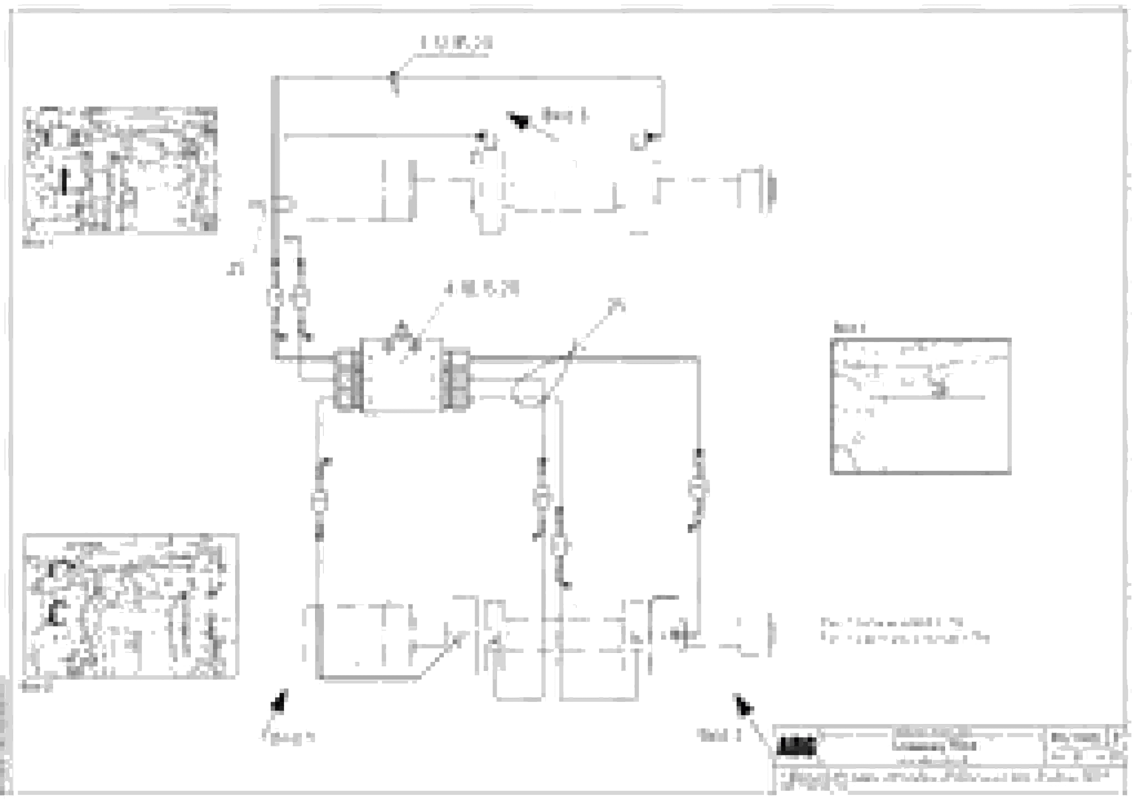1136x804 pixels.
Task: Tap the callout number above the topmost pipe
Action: (x=456, y=43)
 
